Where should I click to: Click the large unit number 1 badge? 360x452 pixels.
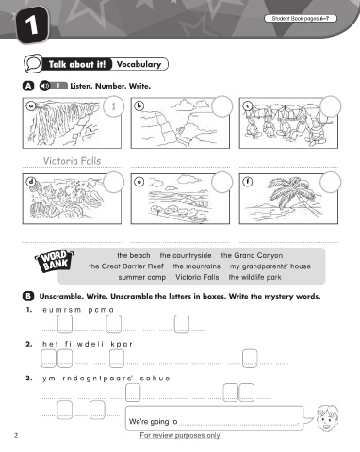coord(33,25)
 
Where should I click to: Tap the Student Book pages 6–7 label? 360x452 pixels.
coord(301,19)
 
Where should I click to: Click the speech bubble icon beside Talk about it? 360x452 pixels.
coord(33,63)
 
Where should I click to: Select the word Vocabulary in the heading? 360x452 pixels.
coord(139,64)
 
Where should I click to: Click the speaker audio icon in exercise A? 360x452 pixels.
coord(44,86)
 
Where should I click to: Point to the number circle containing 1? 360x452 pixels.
coord(113,106)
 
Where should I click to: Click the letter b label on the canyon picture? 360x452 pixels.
coord(139,106)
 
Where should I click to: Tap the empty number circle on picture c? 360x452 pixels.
coord(331,106)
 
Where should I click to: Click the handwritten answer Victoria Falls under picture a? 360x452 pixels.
coord(72,161)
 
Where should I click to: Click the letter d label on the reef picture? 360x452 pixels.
coord(31,182)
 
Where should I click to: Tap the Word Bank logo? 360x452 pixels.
coord(54,261)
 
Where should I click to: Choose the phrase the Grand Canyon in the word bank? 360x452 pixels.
coord(252,255)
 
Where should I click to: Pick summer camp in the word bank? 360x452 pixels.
coord(142,278)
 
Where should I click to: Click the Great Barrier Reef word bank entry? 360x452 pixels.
coord(126,266)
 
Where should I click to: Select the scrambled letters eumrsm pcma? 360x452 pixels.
coord(78,310)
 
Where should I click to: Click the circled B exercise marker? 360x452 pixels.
coord(28,296)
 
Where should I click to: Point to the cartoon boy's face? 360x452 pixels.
coord(326,418)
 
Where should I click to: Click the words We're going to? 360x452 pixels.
coord(153,422)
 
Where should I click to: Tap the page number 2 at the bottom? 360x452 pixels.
coord(16,435)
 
